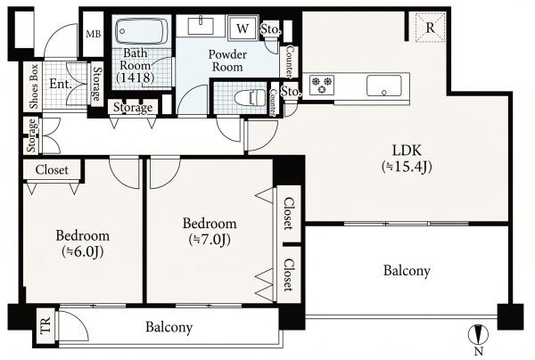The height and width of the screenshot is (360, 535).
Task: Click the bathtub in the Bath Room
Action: tap(142, 31)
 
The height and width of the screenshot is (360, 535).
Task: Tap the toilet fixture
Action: tap(251, 98)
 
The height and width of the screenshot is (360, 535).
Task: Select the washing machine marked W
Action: tap(243, 29)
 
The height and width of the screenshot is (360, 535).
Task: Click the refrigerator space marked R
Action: tap(431, 28)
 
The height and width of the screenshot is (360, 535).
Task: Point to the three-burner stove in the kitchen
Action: tap(322, 85)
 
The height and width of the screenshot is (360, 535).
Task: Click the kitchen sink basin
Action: tap(383, 86)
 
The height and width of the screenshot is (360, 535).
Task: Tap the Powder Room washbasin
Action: tap(202, 26)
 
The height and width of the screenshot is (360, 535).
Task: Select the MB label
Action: tap(93, 34)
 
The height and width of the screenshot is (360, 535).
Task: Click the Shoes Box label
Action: tap(34, 86)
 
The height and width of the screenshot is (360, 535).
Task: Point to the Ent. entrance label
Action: tap(61, 84)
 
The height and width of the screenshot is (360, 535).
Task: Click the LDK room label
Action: tap(407, 151)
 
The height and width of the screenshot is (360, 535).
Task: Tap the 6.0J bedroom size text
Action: tap(83, 252)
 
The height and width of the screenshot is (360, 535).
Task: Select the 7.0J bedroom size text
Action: tap(210, 240)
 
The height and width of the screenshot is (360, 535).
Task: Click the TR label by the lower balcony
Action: tap(45, 325)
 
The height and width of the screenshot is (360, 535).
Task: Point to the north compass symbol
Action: tap(480, 335)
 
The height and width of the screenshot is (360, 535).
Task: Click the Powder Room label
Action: tap(227, 61)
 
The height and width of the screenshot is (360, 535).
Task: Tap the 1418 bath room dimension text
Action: tap(136, 78)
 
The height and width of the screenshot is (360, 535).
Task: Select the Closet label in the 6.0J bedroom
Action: tap(52, 170)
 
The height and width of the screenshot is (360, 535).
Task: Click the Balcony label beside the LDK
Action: tap(407, 271)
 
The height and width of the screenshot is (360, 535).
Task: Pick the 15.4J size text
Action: tap(407, 167)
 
